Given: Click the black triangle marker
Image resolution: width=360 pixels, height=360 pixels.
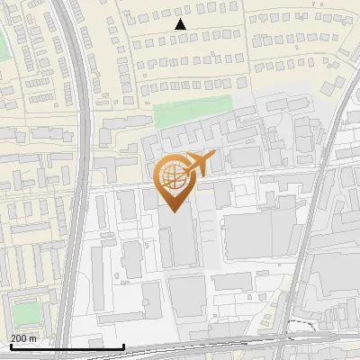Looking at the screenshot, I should tap(181, 24).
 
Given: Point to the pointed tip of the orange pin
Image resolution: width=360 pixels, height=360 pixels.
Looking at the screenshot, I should tap(172, 212).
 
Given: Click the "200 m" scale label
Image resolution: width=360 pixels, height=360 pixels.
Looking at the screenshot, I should tap(24, 338).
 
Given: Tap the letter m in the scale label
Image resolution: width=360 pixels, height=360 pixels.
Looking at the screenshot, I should tap(33, 338).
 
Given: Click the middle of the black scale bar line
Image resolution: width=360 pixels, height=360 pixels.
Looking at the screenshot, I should tap(67, 347).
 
